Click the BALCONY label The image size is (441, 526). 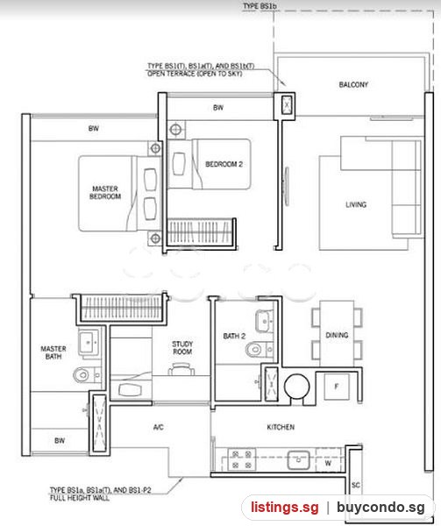[353, 84]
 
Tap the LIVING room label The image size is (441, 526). [356, 204]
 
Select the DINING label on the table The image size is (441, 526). [337, 335]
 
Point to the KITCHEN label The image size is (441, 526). [281, 427]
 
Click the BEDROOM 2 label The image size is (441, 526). [224, 164]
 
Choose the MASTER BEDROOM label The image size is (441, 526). [105, 193]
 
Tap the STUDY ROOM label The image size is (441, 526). [182, 348]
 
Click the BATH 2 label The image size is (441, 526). [234, 336]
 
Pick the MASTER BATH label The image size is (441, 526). [53, 352]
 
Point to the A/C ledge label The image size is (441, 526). [159, 427]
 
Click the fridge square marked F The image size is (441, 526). [337, 387]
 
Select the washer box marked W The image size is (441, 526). [328, 463]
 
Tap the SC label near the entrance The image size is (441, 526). [356, 485]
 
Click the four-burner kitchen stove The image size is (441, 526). [242, 459]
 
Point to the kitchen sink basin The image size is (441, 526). [298, 460]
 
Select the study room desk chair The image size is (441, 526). [181, 369]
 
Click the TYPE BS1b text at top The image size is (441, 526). [260, 6]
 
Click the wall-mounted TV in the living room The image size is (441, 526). [286, 186]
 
